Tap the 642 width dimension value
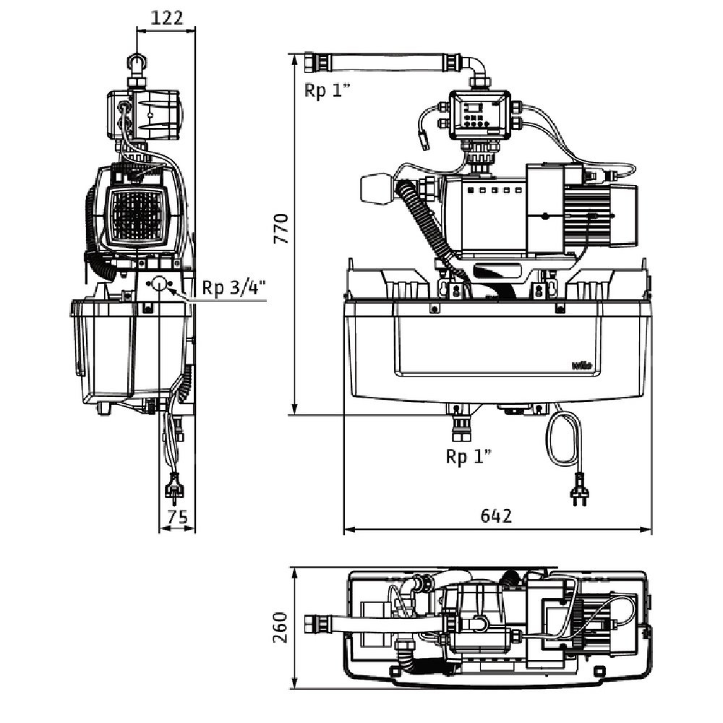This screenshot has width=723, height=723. (x=496, y=515)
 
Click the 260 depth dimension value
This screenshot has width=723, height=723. (x=281, y=627)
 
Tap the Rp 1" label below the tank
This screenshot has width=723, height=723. (x=468, y=456)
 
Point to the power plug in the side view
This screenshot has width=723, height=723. (x=174, y=489)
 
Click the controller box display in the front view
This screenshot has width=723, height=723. (x=474, y=108)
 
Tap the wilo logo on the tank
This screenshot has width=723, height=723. (x=582, y=365)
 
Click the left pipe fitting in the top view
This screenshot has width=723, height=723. (x=316, y=623)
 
